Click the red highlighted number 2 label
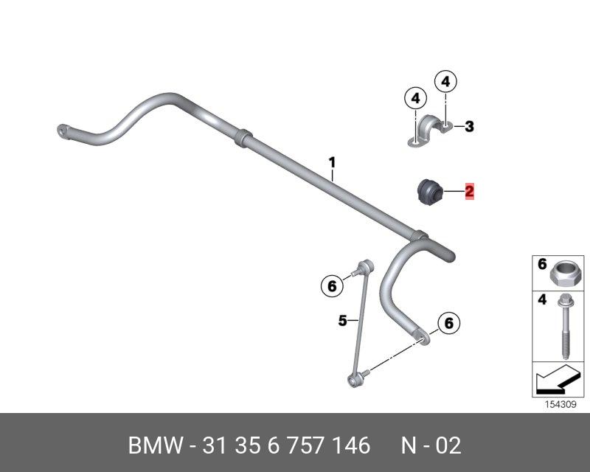[x=469, y=191]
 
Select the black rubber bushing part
[x=431, y=192]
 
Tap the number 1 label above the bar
[x=332, y=163]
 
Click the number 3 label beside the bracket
[x=469, y=126]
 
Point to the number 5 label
[x=342, y=321]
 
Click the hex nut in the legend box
[x=563, y=273]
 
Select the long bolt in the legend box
[x=564, y=326]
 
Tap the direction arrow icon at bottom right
[x=558, y=379]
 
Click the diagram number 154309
[x=560, y=405]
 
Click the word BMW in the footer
[x=156, y=445]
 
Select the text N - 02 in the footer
[x=431, y=445]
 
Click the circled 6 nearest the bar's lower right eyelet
[x=449, y=323]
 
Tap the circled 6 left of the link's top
[x=332, y=286]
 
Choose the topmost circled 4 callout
[x=445, y=81]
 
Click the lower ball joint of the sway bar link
[x=355, y=381]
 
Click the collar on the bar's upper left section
[x=243, y=136]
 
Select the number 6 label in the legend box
[x=542, y=264]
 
